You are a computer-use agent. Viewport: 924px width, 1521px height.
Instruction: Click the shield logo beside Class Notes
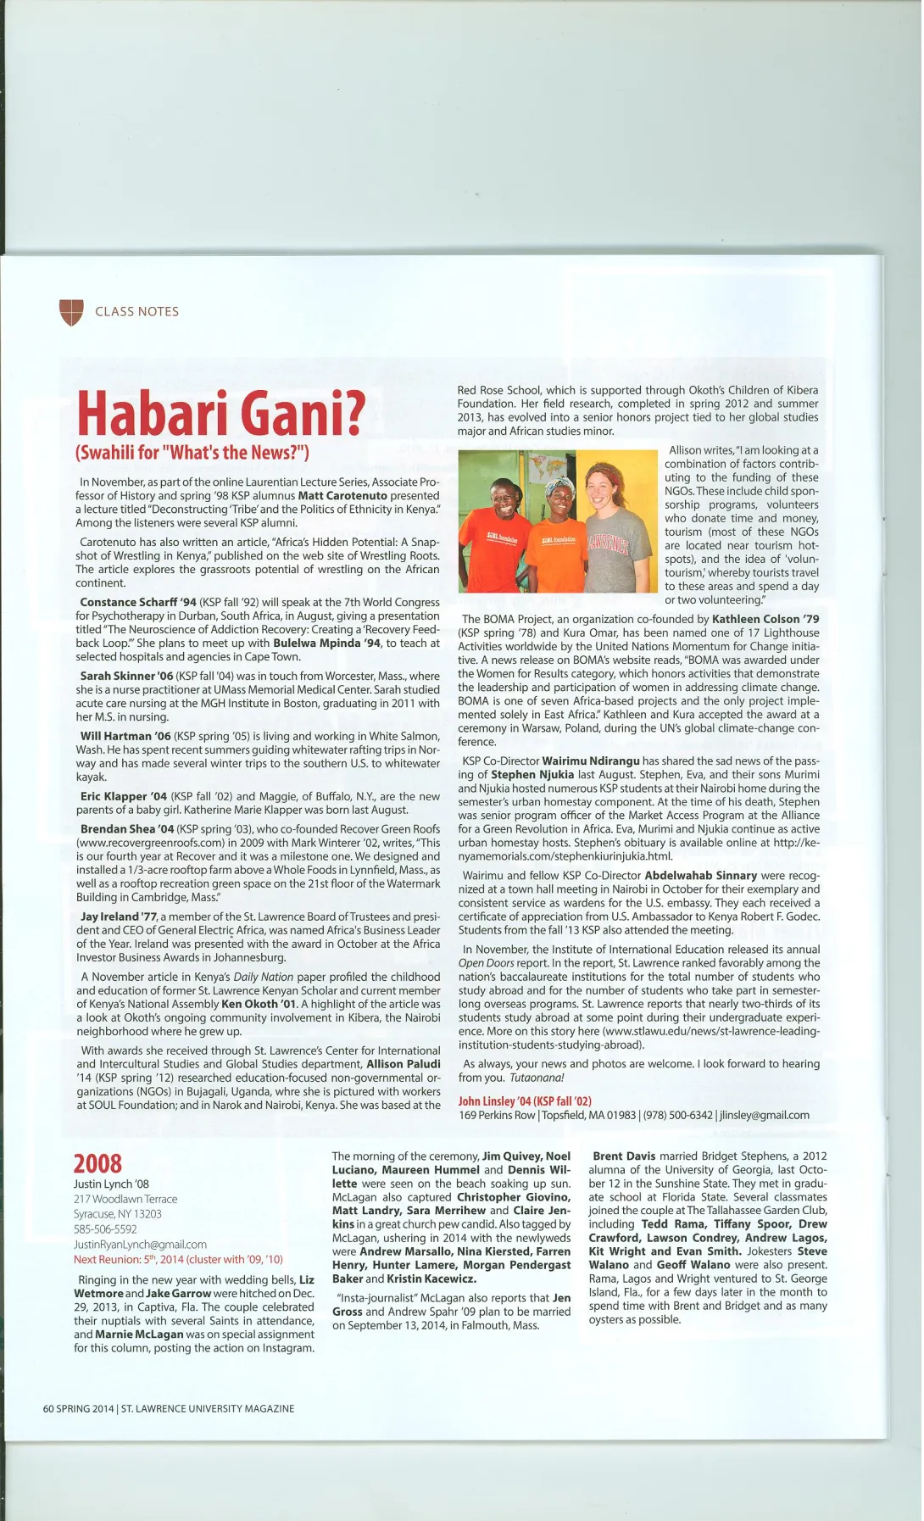pos(71,312)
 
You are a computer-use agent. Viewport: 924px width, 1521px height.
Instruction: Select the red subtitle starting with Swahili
pos(192,452)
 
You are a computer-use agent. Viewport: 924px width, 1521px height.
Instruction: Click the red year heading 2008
pos(97,1163)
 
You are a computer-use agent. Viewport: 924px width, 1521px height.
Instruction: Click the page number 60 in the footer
pos(48,1408)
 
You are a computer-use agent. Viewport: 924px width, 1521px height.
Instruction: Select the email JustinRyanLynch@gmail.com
pos(140,1244)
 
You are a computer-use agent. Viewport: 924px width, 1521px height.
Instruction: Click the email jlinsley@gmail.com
pos(764,1115)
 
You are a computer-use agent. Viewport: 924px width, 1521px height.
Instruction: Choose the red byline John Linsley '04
pos(524,1100)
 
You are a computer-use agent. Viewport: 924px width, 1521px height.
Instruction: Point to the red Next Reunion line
pos(178,1259)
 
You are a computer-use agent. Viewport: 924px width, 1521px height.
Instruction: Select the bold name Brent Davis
pos(624,1156)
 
